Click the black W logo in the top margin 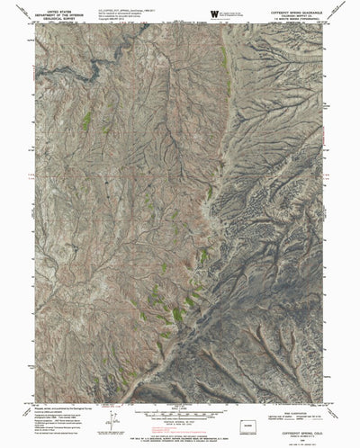pyautogui.click(x=213, y=13)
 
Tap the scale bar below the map pyautogui.click(x=180, y=416)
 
